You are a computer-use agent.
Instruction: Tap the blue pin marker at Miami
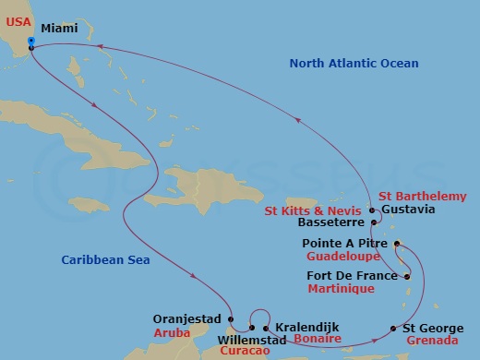[x=30, y=42]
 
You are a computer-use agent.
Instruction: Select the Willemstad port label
[x=217, y=339]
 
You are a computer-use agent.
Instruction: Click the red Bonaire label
[x=316, y=340]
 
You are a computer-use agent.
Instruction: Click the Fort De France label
[x=349, y=276]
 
